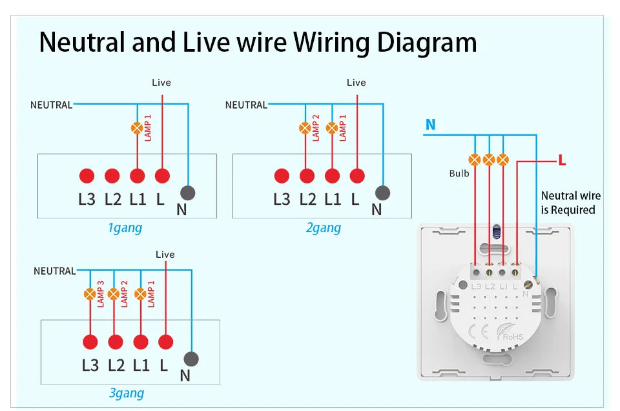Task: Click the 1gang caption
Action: point(125,227)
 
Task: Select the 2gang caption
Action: point(323,227)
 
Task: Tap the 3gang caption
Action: point(127,393)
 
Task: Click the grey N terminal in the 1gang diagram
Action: point(187,193)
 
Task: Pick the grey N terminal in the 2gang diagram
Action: point(382,193)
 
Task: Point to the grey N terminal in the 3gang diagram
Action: point(191,359)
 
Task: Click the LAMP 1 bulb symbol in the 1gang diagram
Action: point(137,128)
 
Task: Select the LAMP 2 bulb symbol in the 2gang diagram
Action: point(305,128)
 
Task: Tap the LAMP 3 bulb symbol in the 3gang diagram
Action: point(90,295)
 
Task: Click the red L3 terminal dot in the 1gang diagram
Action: point(87,175)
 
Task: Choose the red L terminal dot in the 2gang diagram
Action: point(357,175)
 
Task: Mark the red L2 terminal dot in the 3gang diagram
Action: point(116,342)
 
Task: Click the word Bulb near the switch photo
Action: point(459,173)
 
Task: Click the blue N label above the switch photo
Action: point(430,125)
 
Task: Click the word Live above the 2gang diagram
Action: point(356,83)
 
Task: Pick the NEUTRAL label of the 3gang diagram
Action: point(54,271)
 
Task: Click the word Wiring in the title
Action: point(329,42)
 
